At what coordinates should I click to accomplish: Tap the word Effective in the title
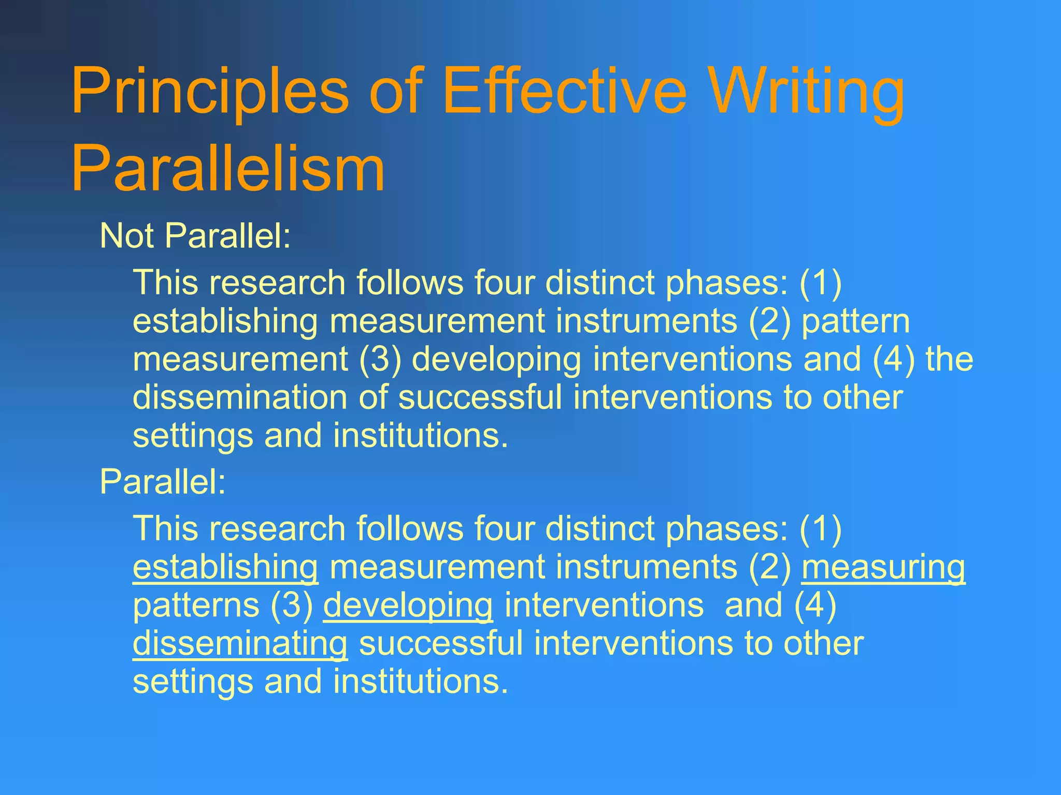coord(565,92)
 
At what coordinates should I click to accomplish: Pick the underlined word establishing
coord(225,568)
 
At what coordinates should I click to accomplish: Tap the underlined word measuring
coord(883,568)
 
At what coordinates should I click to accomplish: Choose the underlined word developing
coord(408,606)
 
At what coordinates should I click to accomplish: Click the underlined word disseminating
coord(240,644)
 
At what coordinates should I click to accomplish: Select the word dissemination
coord(240,397)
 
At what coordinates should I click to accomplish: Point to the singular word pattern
coord(855,321)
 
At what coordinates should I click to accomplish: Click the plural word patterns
coord(196,606)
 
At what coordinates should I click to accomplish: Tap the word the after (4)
coord(950,359)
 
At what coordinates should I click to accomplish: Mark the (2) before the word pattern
coord(770,321)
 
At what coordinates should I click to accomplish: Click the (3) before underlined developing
coord(291,606)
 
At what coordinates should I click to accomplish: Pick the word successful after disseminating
coord(441,643)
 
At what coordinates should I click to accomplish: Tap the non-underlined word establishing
coord(225,321)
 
